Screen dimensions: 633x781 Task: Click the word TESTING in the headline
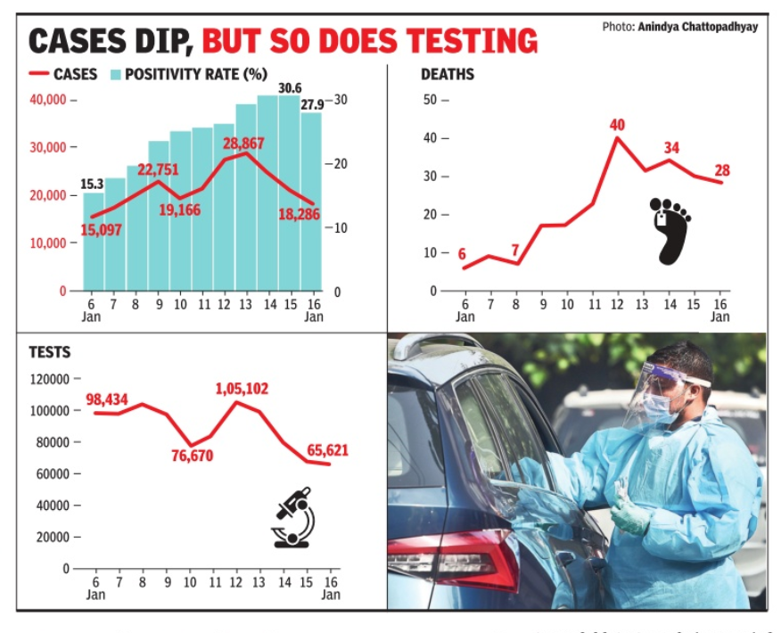click(x=471, y=41)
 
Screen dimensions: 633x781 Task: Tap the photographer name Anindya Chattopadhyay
click(x=697, y=28)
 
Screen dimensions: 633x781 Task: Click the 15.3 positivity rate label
click(x=93, y=184)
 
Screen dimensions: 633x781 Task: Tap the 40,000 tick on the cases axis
click(x=49, y=100)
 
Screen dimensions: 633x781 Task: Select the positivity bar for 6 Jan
click(x=94, y=241)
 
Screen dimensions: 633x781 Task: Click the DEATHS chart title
click(x=448, y=74)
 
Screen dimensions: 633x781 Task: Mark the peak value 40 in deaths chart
click(x=617, y=125)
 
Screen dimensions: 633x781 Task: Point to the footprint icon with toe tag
click(x=670, y=231)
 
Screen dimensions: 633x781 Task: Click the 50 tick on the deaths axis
click(x=430, y=100)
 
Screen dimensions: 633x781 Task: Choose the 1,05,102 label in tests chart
click(x=241, y=389)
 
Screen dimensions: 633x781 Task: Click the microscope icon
click(x=293, y=517)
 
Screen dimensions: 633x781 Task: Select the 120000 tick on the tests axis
click(x=49, y=379)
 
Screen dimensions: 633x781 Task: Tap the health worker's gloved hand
click(x=628, y=512)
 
